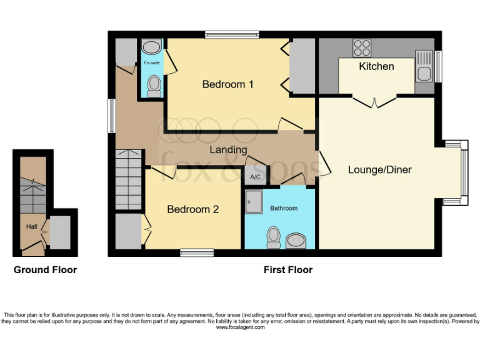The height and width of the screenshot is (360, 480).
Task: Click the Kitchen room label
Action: click(x=376, y=66)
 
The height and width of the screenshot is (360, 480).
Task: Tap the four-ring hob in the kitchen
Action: click(x=361, y=47)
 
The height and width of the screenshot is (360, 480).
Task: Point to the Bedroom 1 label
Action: click(x=227, y=84)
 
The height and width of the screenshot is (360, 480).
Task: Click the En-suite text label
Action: click(x=151, y=64)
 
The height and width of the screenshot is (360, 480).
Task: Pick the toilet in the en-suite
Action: click(x=154, y=84)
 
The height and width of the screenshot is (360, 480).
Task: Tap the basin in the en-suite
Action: click(x=151, y=47)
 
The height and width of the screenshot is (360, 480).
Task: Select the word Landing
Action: click(x=227, y=150)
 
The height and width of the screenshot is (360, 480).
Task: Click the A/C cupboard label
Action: click(x=255, y=177)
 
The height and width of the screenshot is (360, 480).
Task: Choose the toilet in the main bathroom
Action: click(x=273, y=237)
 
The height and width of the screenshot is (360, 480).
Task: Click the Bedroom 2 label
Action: click(x=192, y=209)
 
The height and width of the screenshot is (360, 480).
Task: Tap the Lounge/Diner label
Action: click(x=379, y=169)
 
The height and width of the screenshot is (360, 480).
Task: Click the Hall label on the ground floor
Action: click(x=31, y=226)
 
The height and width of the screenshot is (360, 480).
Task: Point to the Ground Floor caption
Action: click(x=46, y=270)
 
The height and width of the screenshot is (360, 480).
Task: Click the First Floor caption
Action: click(x=287, y=270)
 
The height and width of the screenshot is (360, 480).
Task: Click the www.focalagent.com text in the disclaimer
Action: click(x=240, y=327)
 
